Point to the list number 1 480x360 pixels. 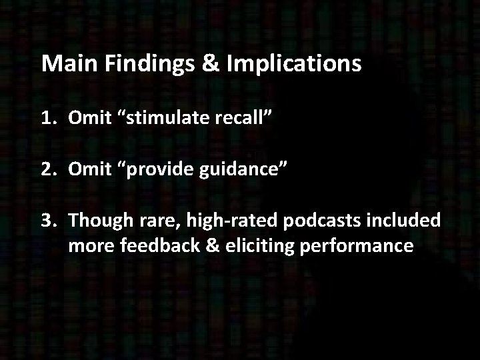(47, 119)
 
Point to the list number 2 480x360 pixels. (47, 169)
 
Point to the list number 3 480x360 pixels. (47, 219)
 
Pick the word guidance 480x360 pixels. (238, 169)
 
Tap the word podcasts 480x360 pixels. (321, 219)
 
